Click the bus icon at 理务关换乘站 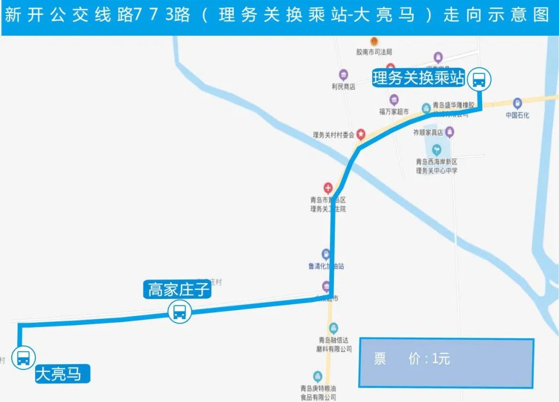(x=479, y=80)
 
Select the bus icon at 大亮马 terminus (x=23, y=358)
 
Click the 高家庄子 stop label (x=179, y=290)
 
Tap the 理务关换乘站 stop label (x=418, y=79)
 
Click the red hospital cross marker (x=328, y=187)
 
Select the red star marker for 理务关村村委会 (x=361, y=134)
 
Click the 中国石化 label (x=518, y=115)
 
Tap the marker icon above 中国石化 (x=518, y=103)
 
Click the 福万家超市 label (x=394, y=111)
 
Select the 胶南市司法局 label (x=374, y=52)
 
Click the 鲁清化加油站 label (x=326, y=266)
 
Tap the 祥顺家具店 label (x=428, y=132)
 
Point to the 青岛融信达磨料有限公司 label (x=334, y=345)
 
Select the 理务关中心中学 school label (x=437, y=170)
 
